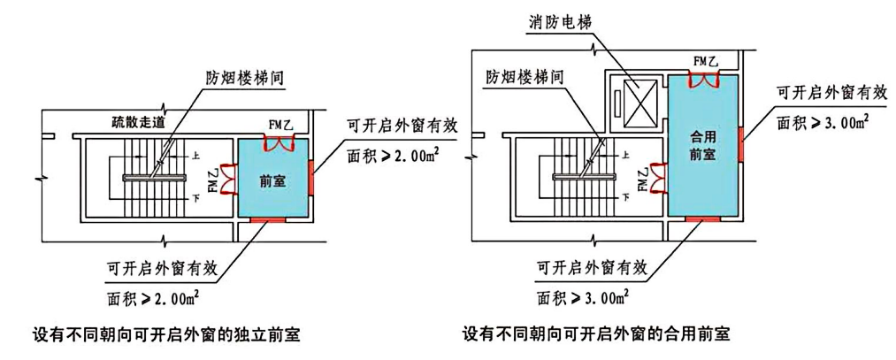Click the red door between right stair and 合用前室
tap(659, 178)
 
